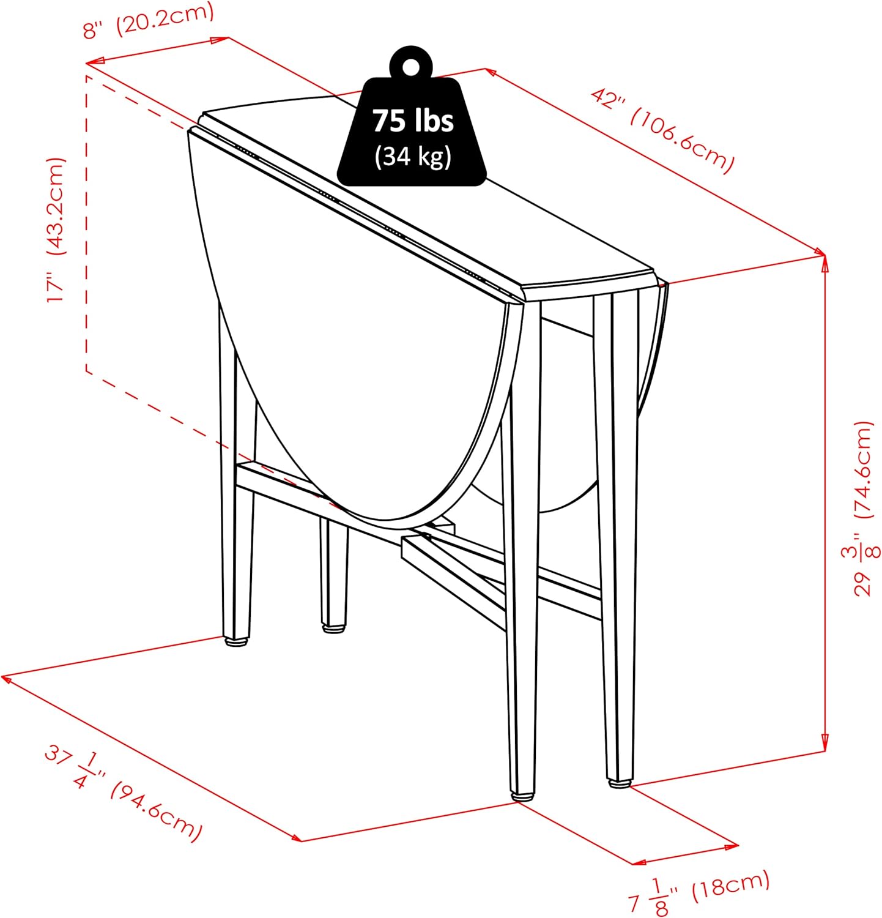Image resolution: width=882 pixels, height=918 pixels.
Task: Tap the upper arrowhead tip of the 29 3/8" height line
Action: tap(825, 255)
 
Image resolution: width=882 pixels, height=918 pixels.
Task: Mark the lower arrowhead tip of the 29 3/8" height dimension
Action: tap(825, 752)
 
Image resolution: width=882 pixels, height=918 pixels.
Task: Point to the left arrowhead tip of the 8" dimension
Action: tap(86, 63)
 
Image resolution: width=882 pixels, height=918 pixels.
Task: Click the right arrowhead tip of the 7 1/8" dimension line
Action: tap(739, 846)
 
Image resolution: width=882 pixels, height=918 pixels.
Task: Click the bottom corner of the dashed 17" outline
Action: tap(86, 370)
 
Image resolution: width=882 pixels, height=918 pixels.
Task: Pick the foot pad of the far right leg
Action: tap(620, 782)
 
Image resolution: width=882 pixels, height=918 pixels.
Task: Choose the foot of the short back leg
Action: tap(333, 627)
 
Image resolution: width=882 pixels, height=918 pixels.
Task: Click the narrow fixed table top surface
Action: tap(428, 196)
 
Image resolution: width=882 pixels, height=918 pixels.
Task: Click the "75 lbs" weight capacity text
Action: tap(413, 121)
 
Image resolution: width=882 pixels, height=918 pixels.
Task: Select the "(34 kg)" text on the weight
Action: tap(413, 156)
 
